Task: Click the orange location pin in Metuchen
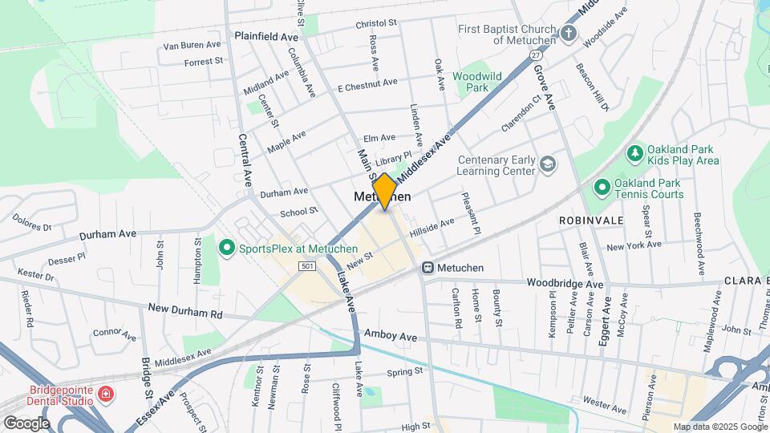tap(385, 191)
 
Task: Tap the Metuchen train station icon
tap(428, 267)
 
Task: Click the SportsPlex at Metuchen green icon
tap(226, 248)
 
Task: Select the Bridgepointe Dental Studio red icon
tap(106, 394)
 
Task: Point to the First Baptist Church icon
tap(569, 34)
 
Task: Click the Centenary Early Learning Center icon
tap(548, 164)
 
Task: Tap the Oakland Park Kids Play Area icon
tap(635, 152)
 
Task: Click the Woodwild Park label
tap(476, 81)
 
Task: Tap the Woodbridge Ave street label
tap(565, 284)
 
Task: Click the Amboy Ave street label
tap(391, 336)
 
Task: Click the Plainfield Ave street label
tap(265, 37)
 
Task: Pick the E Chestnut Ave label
tap(367, 84)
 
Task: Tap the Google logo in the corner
tap(26, 423)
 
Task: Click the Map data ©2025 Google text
tap(720, 427)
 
